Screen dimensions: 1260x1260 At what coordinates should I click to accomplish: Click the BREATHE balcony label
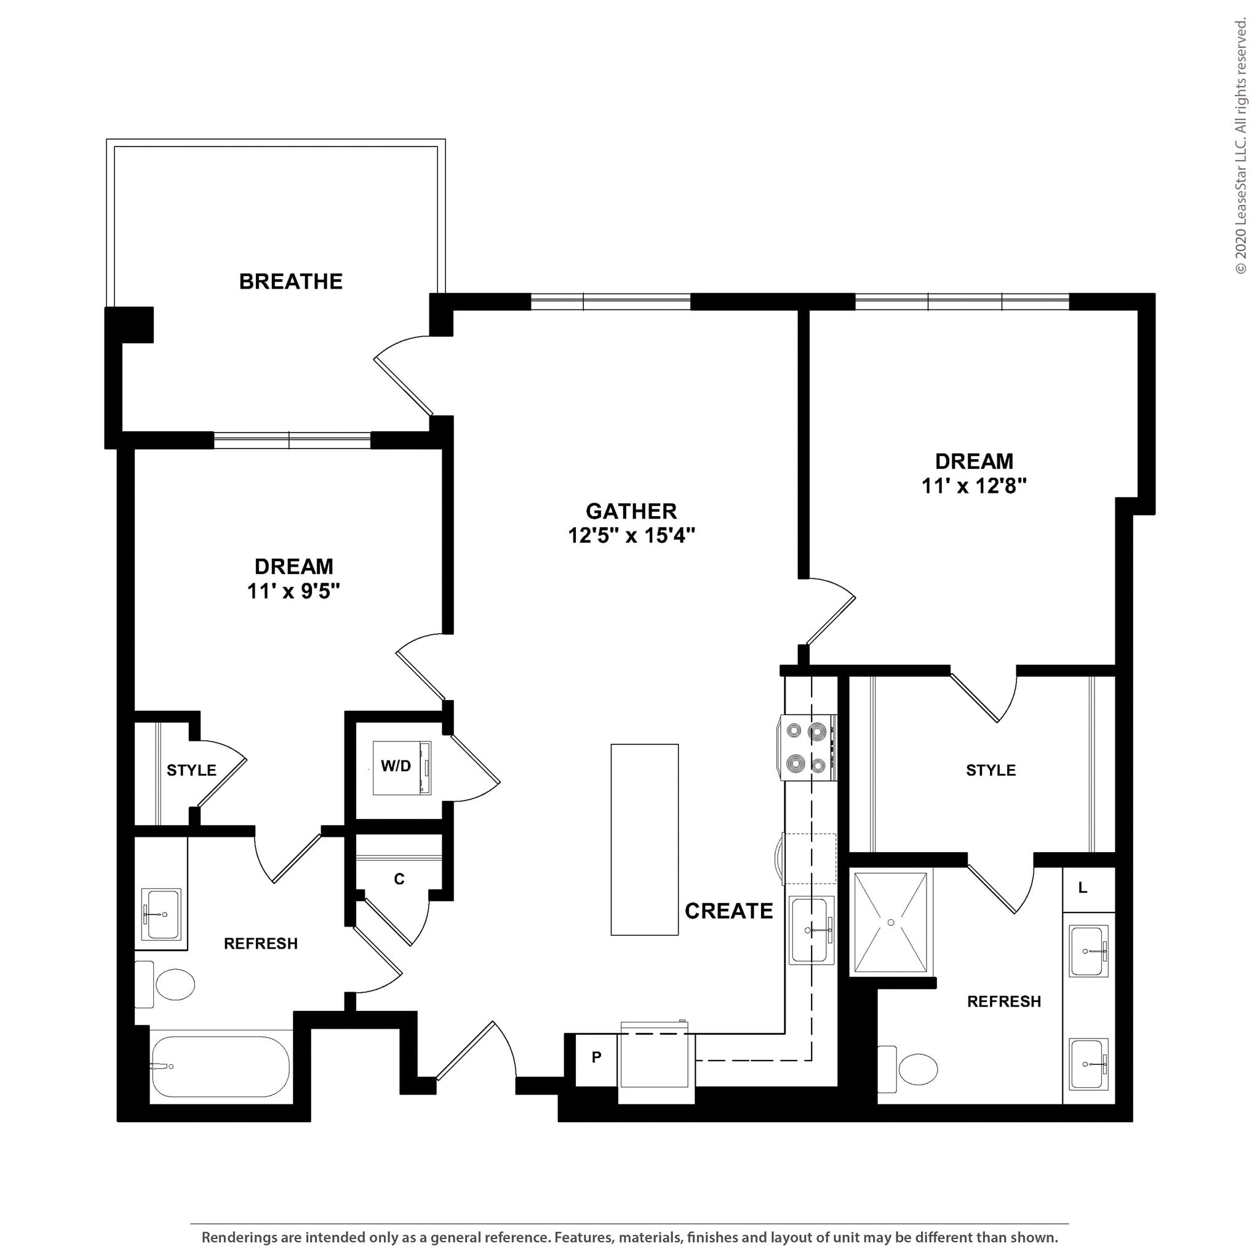[x=290, y=281]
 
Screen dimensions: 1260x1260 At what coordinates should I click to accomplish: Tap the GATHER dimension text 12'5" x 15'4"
[x=631, y=535]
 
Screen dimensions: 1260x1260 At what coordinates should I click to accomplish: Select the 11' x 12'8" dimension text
[x=974, y=486]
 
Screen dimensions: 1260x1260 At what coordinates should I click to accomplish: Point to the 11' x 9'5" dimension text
[x=293, y=591]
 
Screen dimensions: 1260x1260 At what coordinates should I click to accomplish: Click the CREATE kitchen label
[x=728, y=911]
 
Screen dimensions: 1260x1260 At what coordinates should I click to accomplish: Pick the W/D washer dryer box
[x=401, y=767]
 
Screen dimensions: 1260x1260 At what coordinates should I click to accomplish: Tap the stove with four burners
[x=807, y=748]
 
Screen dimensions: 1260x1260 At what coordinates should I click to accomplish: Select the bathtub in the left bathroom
[x=220, y=1067]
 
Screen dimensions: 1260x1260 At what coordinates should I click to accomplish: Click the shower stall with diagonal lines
[x=890, y=923]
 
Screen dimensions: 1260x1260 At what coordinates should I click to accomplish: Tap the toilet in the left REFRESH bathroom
[x=170, y=985]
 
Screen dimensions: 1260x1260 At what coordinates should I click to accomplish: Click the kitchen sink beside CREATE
[x=811, y=930]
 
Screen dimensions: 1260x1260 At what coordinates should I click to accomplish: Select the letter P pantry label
[x=596, y=1057]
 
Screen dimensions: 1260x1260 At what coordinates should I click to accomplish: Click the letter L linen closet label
[x=1083, y=888]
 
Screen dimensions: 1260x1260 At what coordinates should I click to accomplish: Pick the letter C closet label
[x=399, y=879]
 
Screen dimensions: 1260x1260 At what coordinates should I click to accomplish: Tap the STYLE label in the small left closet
[x=191, y=770]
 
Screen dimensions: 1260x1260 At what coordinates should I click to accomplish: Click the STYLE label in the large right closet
[x=991, y=770]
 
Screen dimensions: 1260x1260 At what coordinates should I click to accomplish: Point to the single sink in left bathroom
[x=161, y=914]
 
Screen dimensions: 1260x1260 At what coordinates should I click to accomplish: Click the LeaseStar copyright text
[x=1240, y=147]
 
